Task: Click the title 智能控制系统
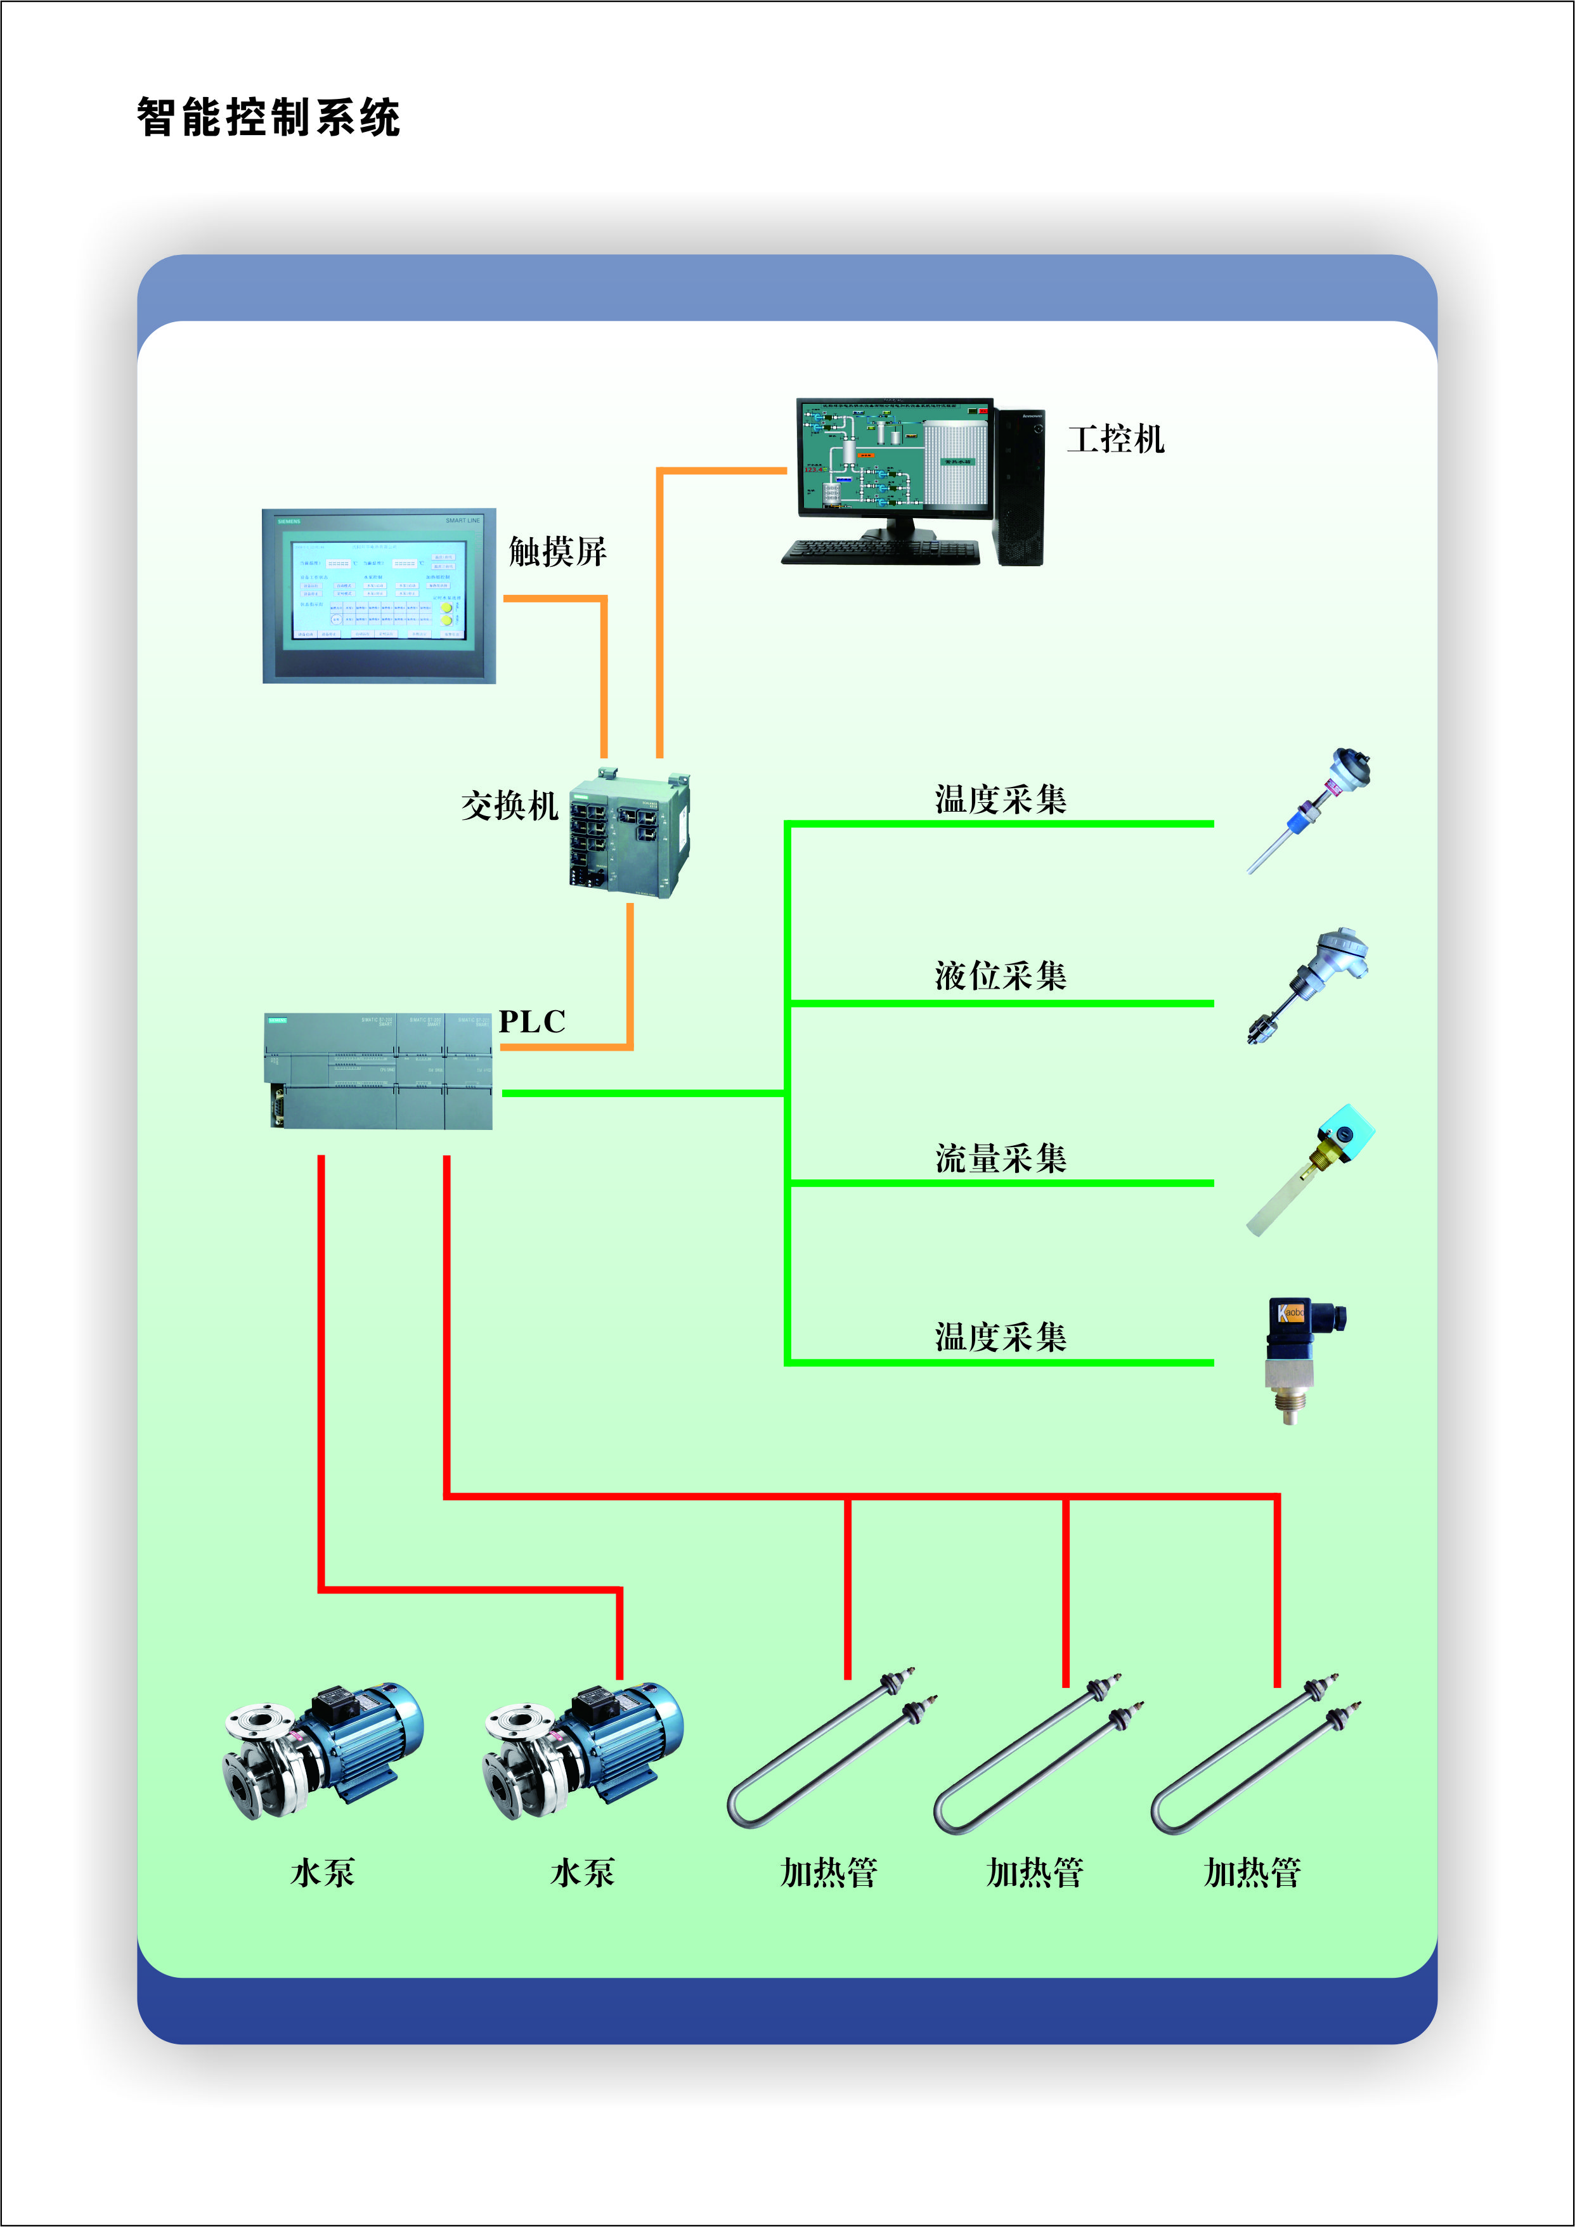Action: click(268, 117)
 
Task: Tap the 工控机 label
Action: click(1115, 439)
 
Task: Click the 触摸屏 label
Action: click(557, 552)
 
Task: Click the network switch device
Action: click(628, 833)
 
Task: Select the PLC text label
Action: click(531, 1022)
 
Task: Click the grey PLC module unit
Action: click(379, 1071)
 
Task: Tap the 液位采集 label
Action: click(1001, 976)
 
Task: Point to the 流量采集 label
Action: click(1001, 1158)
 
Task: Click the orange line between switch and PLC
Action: click(630, 980)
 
